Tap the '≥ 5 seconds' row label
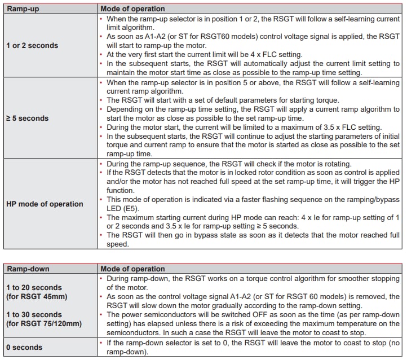coord(26,118)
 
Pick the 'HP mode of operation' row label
coord(45,204)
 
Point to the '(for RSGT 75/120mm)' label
coord(44,323)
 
